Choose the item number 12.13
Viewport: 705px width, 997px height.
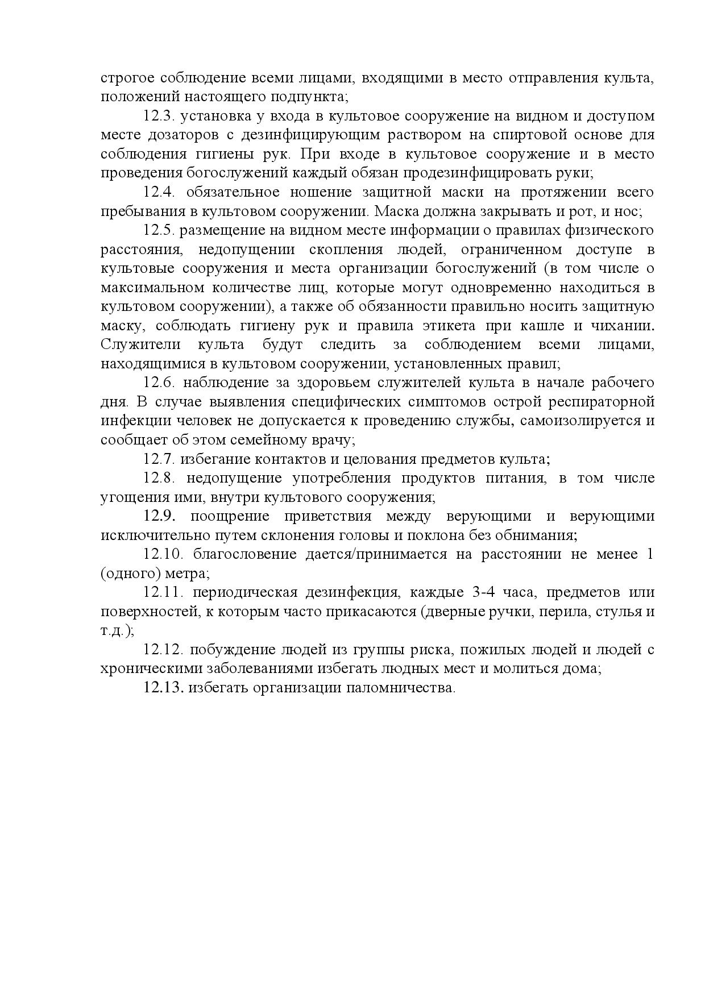tap(161, 688)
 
